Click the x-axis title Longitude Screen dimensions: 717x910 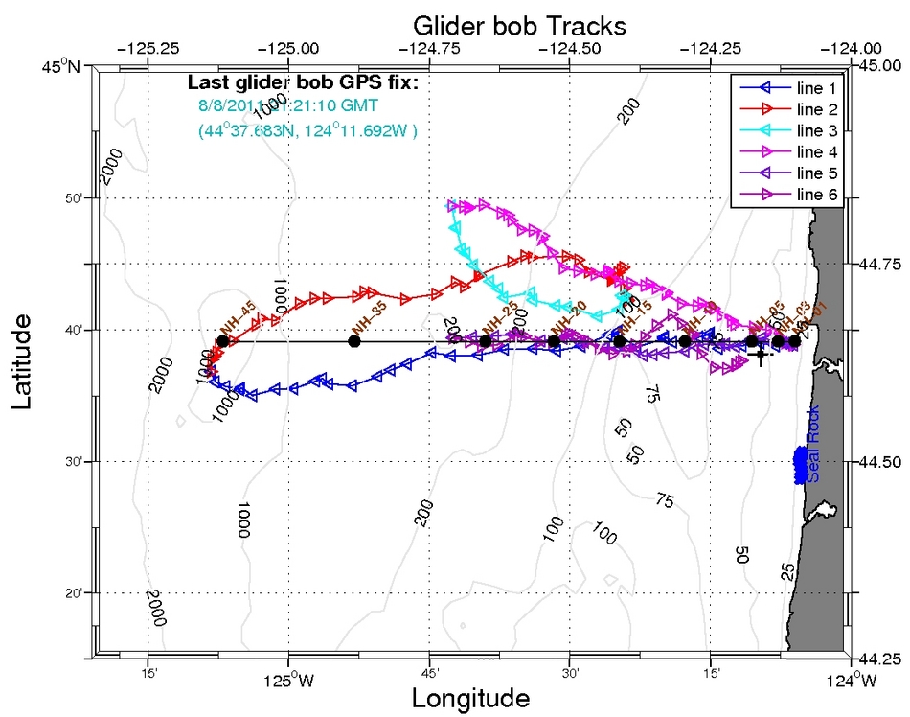(470, 697)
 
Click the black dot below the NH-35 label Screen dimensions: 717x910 (354, 341)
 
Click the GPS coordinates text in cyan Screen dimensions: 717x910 (307, 128)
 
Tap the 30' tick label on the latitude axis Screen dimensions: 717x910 (75, 462)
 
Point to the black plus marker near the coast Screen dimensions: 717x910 (761, 356)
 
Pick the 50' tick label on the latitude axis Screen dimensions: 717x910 (75, 198)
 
